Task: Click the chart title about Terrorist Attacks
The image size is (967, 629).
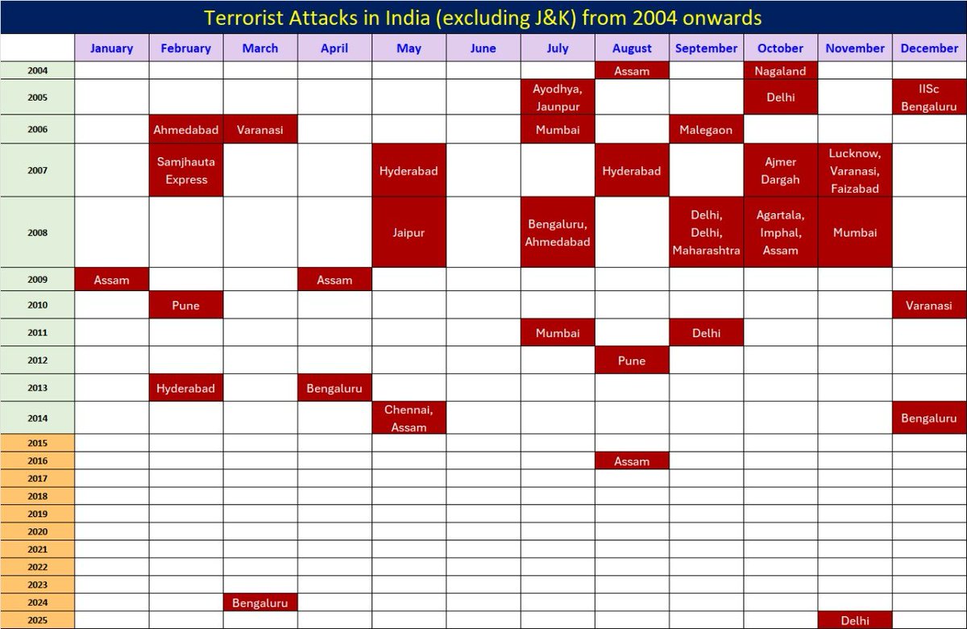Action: tap(483, 17)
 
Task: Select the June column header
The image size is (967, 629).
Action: tap(483, 48)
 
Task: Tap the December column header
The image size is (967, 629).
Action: tap(929, 48)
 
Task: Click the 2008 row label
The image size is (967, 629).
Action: tap(37, 232)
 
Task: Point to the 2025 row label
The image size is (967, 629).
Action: tap(37, 620)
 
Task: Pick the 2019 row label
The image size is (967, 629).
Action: tap(37, 514)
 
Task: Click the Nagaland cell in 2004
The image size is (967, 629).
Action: tap(780, 71)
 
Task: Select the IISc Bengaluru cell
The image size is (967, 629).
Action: tap(929, 98)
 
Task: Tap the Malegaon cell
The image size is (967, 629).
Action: tap(706, 130)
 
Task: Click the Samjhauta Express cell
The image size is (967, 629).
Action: tap(186, 170)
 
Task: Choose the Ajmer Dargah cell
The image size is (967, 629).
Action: tap(780, 170)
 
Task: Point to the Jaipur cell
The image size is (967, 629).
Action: tap(409, 232)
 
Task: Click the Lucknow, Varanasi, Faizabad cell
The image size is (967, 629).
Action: tap(855, 170)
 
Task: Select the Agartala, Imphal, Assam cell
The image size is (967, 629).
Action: tap(780, 232)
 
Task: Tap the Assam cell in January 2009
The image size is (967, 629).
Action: tap(111, 280)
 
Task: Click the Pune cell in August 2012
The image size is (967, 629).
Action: tap(632, 360)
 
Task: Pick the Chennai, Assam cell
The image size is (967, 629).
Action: tap(409, 419)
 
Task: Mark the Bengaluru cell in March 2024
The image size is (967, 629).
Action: tap(260, 602)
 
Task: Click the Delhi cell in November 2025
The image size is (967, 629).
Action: tap(855, 620)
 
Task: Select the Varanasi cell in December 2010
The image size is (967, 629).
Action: tap(929, 306)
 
